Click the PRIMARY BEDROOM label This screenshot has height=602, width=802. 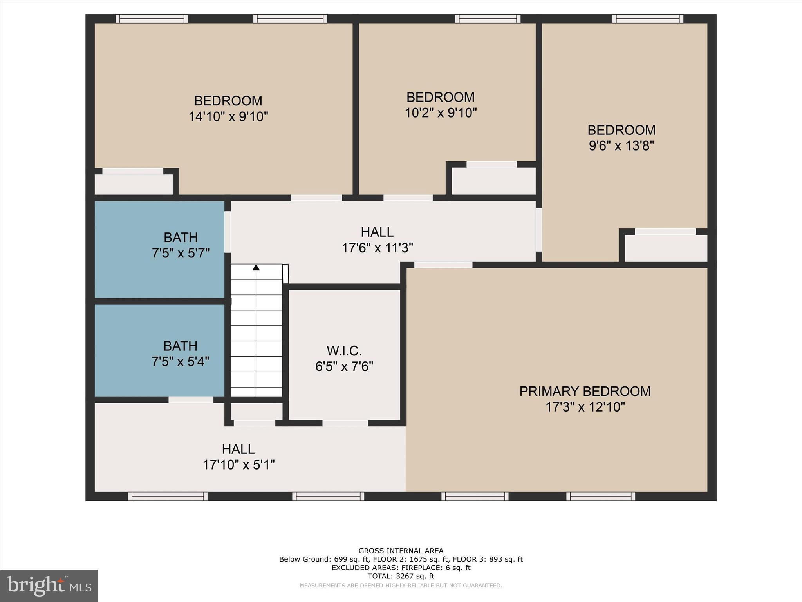coord(585,391)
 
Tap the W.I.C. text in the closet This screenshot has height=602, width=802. coord(344,350)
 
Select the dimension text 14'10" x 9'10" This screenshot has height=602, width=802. coord(228,117)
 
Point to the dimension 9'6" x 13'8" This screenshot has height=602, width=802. coord(621,146)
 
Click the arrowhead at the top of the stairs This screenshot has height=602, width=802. coord(256,267)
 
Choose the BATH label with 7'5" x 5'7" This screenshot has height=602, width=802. coord(181,238)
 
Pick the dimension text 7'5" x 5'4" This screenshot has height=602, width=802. coord(181,361)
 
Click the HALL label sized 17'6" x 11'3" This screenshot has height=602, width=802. coord(377,232)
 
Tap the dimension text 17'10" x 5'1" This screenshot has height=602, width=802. coord(238,465)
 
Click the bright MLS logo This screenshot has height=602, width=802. coord(49,586)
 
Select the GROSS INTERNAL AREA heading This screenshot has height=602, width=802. coord(401,551)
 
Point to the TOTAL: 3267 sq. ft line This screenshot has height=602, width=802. coord(401,576)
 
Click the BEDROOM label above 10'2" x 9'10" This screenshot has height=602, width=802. coord(441,97)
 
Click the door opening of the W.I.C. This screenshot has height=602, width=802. coord(345,423)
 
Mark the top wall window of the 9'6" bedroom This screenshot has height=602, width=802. coord(648,18)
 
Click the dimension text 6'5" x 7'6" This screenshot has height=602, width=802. coord(344,366)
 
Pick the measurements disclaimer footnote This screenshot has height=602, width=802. coord(401,586)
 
